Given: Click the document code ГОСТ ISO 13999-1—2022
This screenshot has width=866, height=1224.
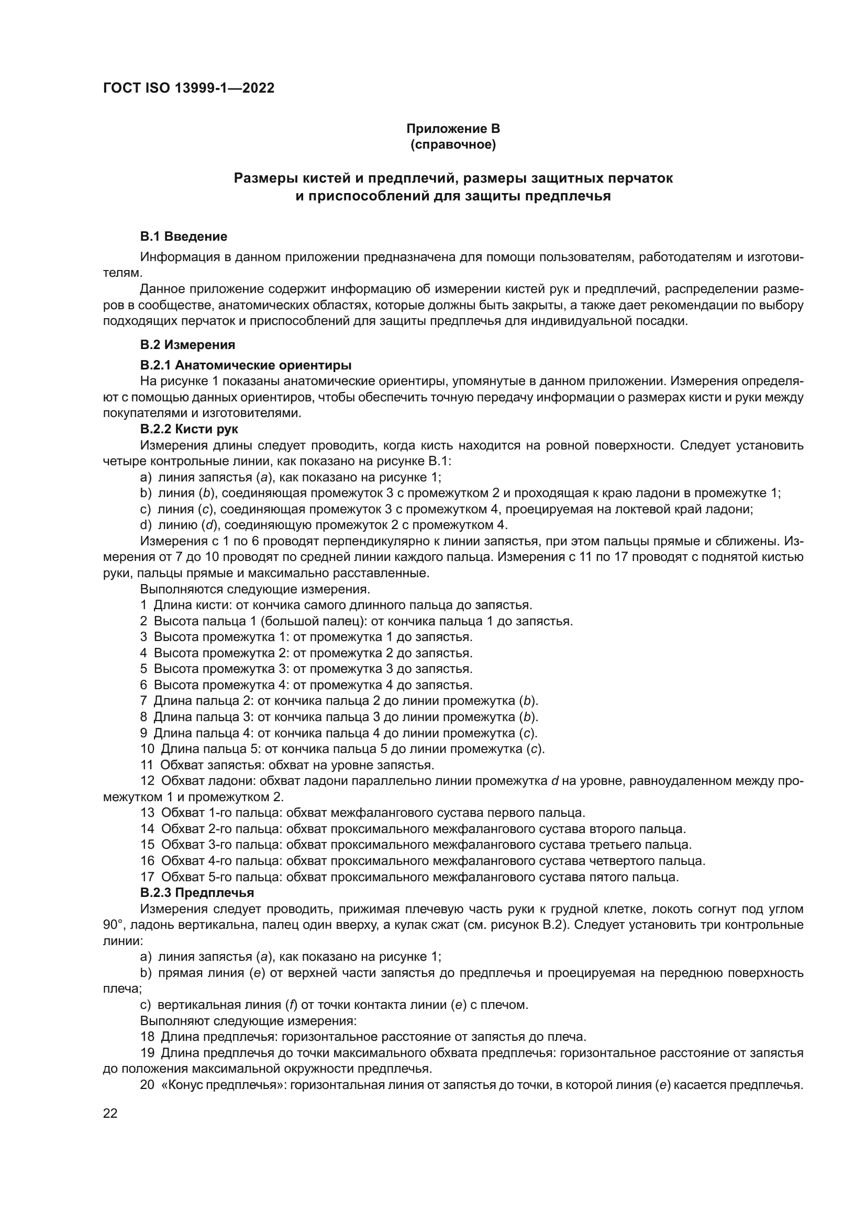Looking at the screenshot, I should pyautogui.click(x=188, y=88).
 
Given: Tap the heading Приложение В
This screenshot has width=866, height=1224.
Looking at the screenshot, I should pyautogui.click(x=453, y=129).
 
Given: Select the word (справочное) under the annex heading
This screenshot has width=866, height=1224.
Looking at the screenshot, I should pyautogui.click(x=453, y=144).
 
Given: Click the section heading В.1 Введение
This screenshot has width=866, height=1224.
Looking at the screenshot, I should pyautogui.click(x=183, y=236).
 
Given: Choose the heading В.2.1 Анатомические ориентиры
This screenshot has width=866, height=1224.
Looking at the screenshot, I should pyautogui.click(x=245, y=365).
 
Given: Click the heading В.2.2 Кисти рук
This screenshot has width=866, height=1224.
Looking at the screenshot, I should pyautogui.click(x=189, y=429).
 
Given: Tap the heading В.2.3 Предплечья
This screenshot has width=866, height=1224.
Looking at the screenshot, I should pyautogui.click(x=197, y=892).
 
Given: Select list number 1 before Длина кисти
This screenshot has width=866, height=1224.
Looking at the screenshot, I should pyautogui.click(x=143, y=605).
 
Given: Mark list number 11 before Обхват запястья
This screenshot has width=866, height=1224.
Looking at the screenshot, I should pyautogui.click(x=147, y=765).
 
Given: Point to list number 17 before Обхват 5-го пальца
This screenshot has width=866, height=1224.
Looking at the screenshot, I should pyautogui.click(x=147, y=877).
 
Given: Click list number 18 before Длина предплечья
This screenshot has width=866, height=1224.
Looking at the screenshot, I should pyautogui.click(x=147, y=1037).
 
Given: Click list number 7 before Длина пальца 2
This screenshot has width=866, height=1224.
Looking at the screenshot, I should pyautogui.click(x=143, y=701).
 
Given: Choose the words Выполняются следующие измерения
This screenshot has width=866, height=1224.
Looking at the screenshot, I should pyautogui.click(x=254, y=589).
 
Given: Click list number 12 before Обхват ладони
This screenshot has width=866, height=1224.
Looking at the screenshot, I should pyautogui.click(x=147, y=781).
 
